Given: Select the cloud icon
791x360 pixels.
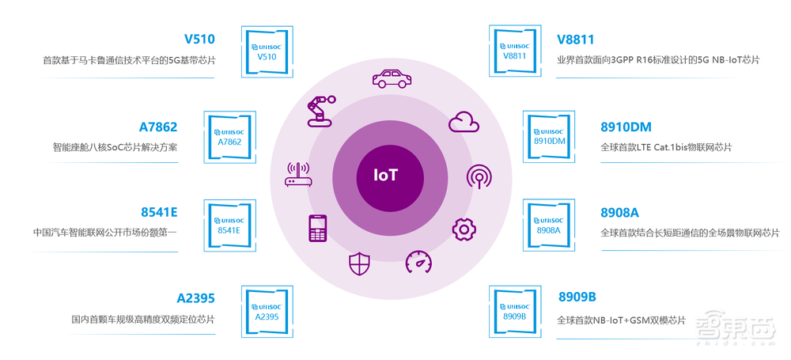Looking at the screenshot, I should [464, 121].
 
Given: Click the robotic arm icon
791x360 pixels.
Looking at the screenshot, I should [320, 109].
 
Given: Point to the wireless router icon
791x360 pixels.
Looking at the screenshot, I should [298, 175].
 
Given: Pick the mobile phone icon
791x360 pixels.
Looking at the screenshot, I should [318, 229].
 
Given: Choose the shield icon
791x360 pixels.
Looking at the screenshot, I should [359, 263].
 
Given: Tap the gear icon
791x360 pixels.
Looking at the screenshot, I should [464, 229].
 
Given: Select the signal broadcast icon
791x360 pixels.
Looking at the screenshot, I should [479, 176].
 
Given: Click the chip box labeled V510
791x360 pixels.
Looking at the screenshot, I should [267, 50].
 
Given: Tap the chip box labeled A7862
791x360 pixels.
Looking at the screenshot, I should [229, 135].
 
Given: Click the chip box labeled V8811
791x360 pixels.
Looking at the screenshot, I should [515, 50].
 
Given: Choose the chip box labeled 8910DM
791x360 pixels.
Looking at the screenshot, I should [549, 135].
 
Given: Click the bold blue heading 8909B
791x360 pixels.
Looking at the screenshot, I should [577, 297].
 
